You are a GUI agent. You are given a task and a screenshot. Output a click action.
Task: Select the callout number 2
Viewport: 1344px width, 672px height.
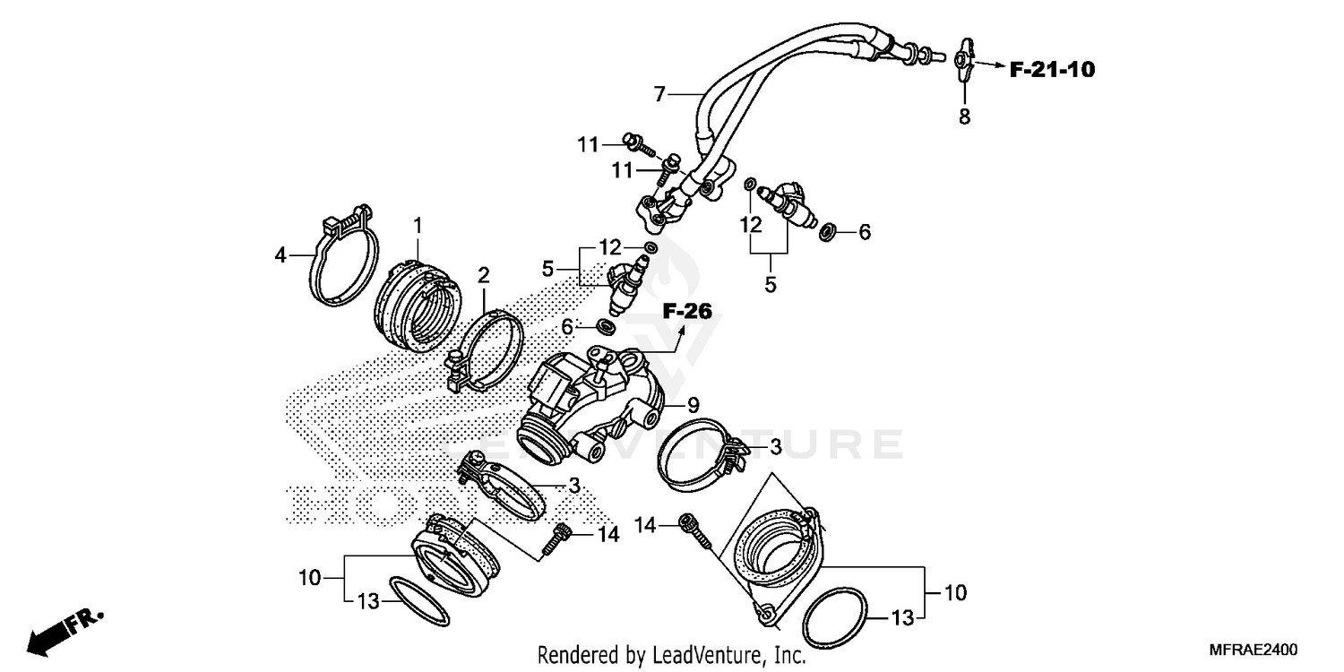click(x=483, y=274)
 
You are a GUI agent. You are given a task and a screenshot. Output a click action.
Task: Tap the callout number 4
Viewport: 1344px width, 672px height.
click(x=280, y=255)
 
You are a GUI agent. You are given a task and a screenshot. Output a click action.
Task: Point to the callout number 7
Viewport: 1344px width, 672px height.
click(x=659, y=93)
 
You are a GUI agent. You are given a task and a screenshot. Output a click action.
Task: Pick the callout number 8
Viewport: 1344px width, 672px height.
click(x=964, y=116)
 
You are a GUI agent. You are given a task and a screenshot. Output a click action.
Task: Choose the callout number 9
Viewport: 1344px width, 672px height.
click(x=693, y=404)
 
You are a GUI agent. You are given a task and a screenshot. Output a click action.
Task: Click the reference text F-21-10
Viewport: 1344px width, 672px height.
click(x=1052, y=69)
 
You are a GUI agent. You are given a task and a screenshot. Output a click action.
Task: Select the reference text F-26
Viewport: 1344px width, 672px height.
click(x=687, y=312)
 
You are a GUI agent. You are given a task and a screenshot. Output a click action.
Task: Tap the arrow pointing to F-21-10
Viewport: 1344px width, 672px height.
click(x=989, y=65)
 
